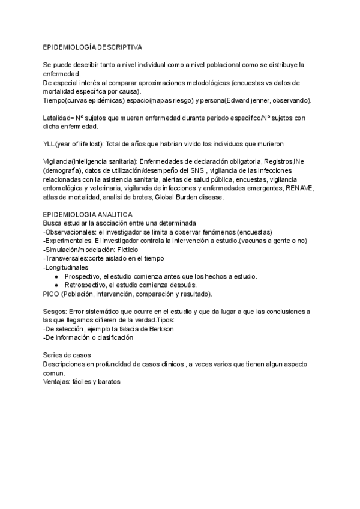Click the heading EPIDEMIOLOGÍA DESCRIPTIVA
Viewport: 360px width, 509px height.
point(92,46)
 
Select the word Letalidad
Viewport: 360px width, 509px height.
point(58,118)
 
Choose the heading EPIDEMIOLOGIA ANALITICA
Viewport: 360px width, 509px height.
point(88,214)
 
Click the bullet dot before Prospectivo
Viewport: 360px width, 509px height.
point(56,276)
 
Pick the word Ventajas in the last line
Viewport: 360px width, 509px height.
point(56,381)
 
